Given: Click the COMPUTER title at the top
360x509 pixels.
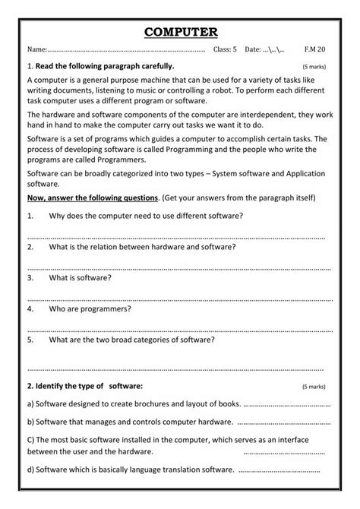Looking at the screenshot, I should tap(180, 31).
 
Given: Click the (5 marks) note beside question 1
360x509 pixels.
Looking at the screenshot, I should tap(314, 67).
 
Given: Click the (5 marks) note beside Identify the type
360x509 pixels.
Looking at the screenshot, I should tap(314, 385).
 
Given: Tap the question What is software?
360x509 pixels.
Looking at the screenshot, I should tap(75, 278).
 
